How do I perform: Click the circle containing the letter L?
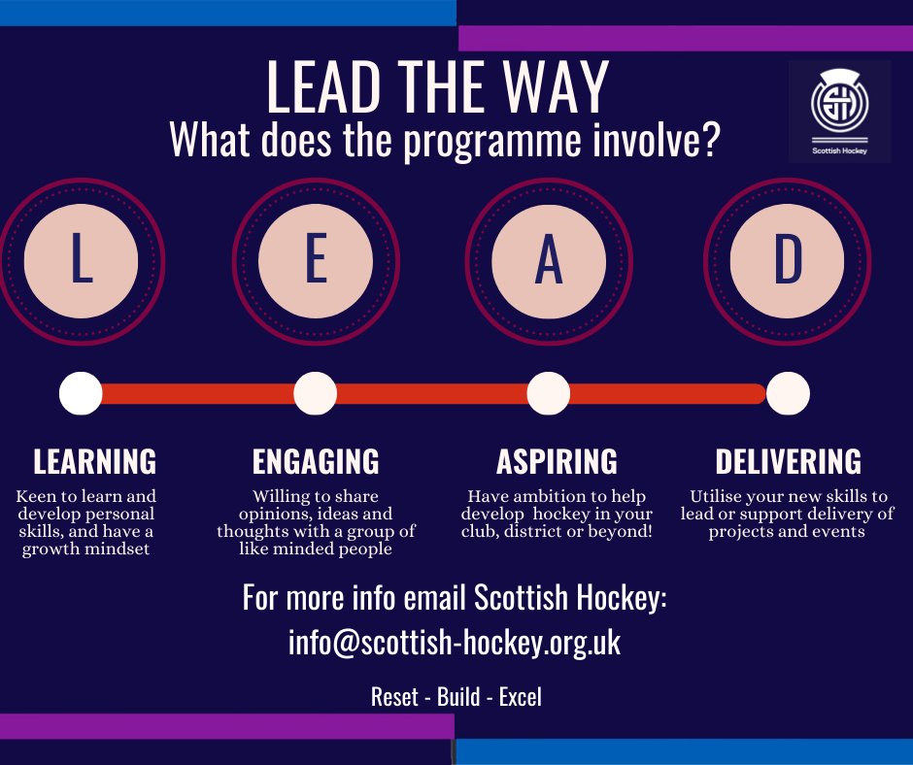click(82, 260)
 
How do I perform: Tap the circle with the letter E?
click(316, 260)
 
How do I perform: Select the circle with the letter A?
click(549, 260)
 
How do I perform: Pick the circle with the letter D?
click(787, 260)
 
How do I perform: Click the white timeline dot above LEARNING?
click(81, 393)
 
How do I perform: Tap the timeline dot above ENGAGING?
click(315, 393)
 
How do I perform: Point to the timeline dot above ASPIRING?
click(549, 393)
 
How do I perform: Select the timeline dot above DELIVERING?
click(788, 393)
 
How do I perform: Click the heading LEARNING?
click(95, 460)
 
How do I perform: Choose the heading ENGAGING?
click(316, 460)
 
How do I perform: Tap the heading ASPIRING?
click(557, 460)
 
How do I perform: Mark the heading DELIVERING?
click(788, 460)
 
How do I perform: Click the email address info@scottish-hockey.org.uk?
click(455, 643)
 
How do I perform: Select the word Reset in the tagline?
click(393, 697)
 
